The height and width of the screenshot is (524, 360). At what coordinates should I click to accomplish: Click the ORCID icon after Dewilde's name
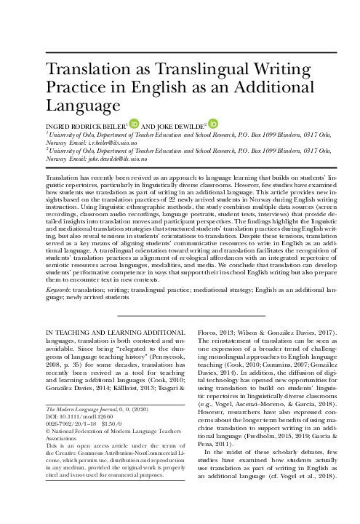212,123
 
